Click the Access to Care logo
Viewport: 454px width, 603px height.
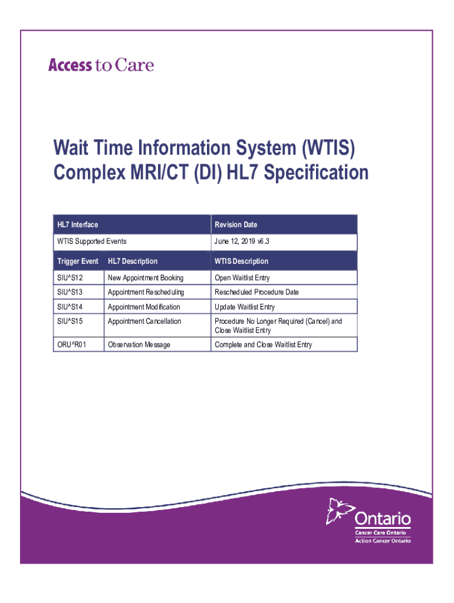(101, 65)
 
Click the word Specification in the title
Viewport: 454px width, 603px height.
(316, 172)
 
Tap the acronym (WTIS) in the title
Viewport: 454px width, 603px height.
(328, 148)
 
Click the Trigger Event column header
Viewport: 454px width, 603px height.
(78, 261)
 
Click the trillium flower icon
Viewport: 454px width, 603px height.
(340, 511)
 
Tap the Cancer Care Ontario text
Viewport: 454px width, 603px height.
(380, 532)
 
